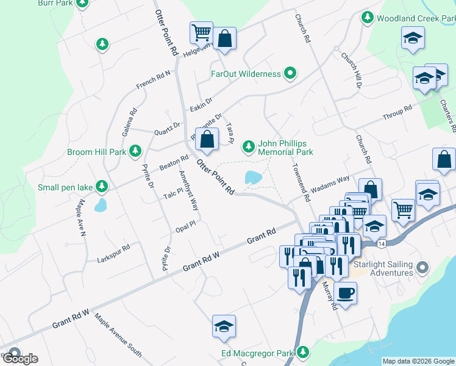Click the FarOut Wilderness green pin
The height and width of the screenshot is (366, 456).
click(x=290, y=74)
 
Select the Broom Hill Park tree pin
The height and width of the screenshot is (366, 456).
click(x=135, y=151)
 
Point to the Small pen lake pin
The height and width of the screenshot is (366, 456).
click(x=103, y=187)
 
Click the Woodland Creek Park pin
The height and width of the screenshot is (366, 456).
click(x=367, y=18)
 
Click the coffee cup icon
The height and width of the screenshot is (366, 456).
click(x=345, y=293)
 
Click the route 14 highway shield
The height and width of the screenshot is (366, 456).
click(x=380, y=243)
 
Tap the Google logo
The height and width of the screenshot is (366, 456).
click(x=20, y=358)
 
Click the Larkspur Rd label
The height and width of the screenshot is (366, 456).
click(x=114, y=254)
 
